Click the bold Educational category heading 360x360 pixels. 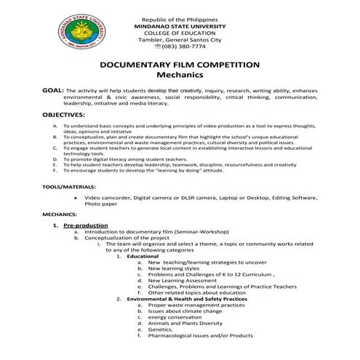coord(143,257)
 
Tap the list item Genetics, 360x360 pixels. coord(164,329)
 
